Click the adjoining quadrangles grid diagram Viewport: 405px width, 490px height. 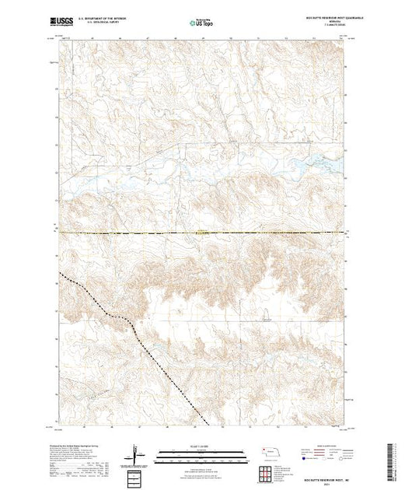[x=272, y=472]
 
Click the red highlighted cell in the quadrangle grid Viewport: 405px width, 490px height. [x=272, y=472]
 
